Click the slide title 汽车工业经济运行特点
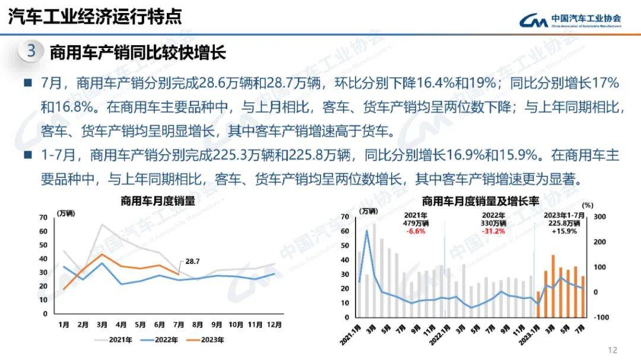pyautogui.click(x=95, y=17)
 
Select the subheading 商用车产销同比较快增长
pyautogui.click(x=138, y=52)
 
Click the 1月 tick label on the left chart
pyautogui.click(x=64, y=324)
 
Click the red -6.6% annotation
pyautogui.click(x=415, y=231)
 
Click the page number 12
pyautogui.click(x=613, y=350)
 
